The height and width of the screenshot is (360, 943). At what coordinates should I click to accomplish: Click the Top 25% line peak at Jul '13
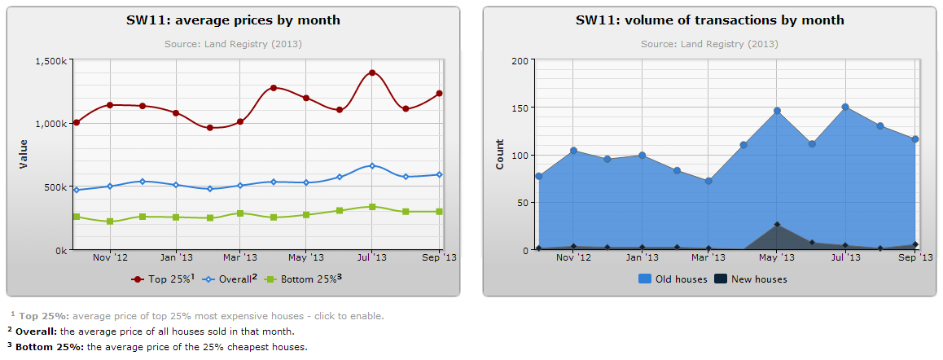[372, 72]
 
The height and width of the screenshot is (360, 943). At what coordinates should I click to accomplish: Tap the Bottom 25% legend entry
[305, 279]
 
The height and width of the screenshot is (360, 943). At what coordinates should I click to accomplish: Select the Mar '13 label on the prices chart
[239, 258]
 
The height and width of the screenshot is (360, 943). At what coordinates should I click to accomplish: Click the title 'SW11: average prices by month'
[233, 20]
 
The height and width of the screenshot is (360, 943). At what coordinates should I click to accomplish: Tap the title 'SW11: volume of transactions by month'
[709, 20]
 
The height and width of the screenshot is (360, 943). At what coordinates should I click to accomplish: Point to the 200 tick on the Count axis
[519, 60]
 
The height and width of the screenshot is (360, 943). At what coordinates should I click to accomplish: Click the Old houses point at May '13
[777, 111]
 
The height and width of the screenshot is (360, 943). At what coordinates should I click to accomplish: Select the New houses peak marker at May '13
[777, 224]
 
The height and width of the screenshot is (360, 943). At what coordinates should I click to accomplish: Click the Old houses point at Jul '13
[845, 107]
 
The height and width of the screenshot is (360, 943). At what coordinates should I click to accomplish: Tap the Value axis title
[24, 155]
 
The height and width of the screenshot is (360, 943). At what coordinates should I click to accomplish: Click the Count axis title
[500, 155]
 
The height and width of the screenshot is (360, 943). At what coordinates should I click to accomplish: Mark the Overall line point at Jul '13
[372, 165]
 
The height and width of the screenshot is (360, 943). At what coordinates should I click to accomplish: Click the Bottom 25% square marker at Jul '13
[372, 207]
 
